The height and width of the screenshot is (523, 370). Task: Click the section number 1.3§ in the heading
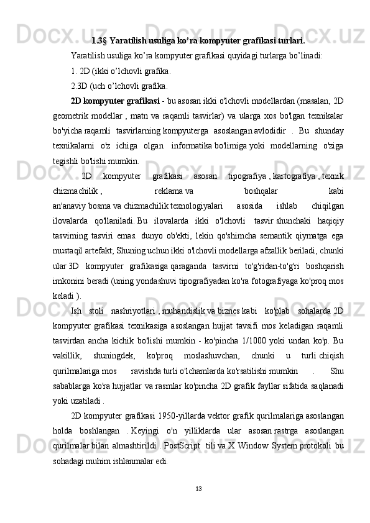coord(100,42)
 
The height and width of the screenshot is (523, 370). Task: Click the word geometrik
coord(88,115)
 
